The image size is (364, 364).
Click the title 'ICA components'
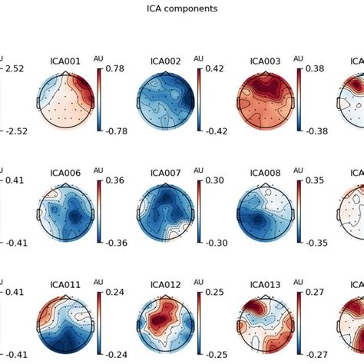tap(181, 9)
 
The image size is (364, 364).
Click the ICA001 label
tap(65, 61)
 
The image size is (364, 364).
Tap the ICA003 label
tap(266, 61)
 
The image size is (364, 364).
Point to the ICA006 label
tap(65, 174)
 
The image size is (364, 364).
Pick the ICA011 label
tap(65, 285)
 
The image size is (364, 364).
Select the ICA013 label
tap(266, 285)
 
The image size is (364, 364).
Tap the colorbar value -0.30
tap(217, 243)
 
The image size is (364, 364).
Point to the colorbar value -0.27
tap(317, 354)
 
